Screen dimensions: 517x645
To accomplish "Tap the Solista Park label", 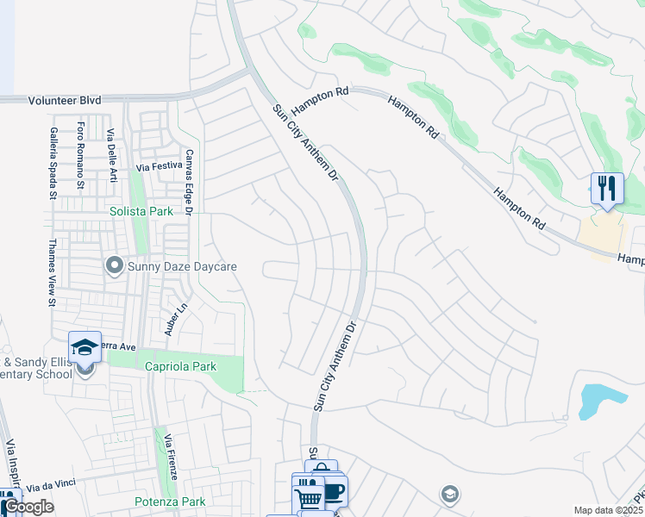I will tap(141, 210).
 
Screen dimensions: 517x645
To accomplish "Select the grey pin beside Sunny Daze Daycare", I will tap(114, 265).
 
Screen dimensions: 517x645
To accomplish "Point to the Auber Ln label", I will tap(177, 320).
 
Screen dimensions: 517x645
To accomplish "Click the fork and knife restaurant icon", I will tap(607, 188).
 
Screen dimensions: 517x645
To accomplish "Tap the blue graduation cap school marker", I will tap(85, 346).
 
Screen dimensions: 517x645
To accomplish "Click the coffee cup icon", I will tap(333, 492).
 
